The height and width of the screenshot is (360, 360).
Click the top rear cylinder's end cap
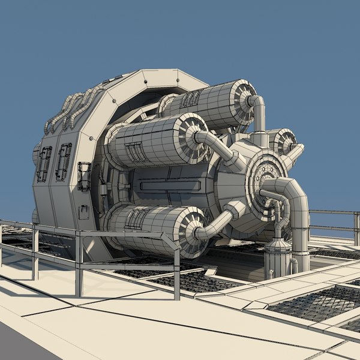[x=244, y=100]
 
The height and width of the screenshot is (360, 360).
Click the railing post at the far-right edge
[x=356, y=229]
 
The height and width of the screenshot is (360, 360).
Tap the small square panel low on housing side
[x=83, y=211]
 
